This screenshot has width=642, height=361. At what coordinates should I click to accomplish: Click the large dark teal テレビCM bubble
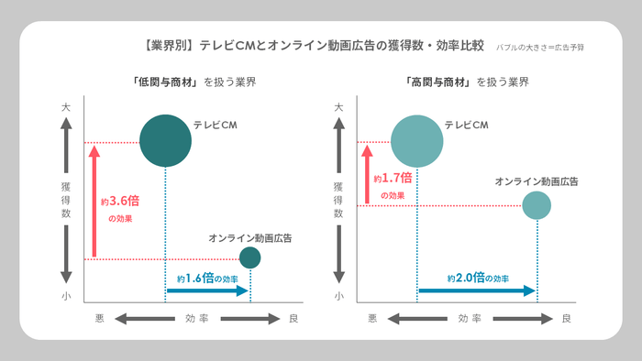tap(165, 140)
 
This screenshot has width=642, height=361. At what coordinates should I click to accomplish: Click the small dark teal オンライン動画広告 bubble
tap(249, 257)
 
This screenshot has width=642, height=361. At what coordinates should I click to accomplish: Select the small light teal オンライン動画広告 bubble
tap(537, 205)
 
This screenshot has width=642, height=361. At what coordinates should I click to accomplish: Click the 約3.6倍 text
tap(118, 202)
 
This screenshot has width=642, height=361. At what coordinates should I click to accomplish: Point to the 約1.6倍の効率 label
tap(207, 277)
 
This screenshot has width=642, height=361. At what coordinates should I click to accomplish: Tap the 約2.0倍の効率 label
tap(477, 277)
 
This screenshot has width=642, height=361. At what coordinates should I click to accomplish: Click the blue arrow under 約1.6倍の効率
tap(207, 290)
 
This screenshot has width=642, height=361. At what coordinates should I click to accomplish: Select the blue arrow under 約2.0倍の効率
tap(477, 290)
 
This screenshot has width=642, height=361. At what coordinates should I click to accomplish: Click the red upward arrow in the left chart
tap(94, 202)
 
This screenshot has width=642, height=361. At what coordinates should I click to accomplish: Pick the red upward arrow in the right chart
tap(368, 174)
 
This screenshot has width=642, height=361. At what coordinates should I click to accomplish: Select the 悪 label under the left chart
tap(100, 318)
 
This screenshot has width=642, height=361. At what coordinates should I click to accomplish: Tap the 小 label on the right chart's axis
tap(338, 296)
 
